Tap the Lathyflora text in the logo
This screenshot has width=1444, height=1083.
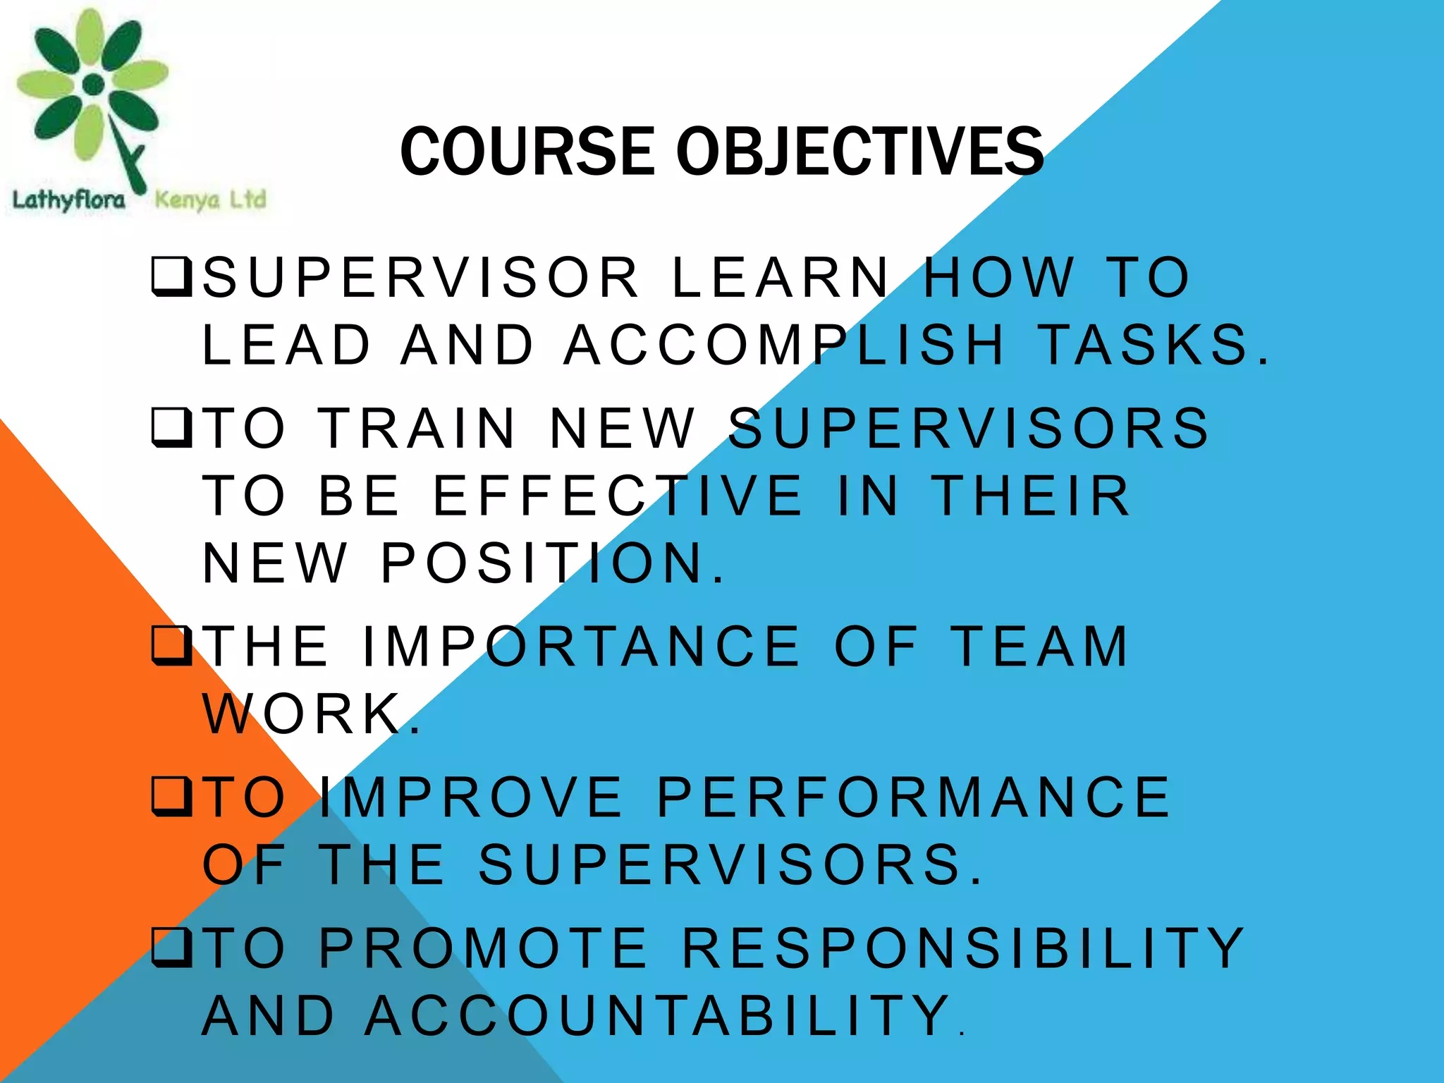point(68,200)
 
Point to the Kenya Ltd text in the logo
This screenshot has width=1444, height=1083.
point(210,200)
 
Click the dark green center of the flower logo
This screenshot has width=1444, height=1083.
point(93,85)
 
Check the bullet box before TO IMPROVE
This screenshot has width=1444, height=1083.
point(171,798)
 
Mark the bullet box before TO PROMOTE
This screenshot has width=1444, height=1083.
point(171,949)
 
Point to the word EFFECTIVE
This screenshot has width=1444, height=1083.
point(618,496)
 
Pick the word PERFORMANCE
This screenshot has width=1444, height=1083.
point(914,797)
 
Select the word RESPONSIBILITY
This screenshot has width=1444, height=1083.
point(963,948)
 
